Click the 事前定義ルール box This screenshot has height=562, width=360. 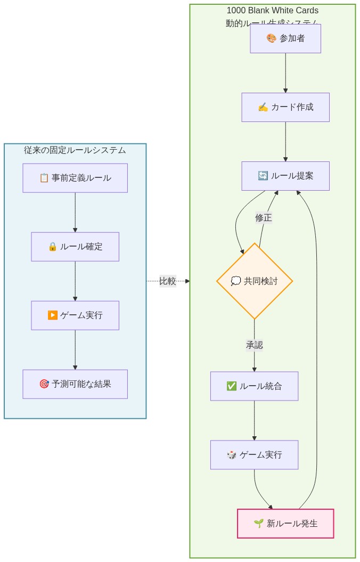(x=75, y=178)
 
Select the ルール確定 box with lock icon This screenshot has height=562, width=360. (x=75, y=247)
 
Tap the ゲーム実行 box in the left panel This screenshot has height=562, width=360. (x=75, y=315)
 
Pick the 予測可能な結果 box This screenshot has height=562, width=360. (x=75, y=384)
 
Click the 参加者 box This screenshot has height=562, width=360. (x=285, y=38)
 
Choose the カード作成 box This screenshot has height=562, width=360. (x=285, y=107)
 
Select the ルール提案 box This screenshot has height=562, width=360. (x=285, y=176)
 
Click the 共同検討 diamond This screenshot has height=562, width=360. (x=255, y=281)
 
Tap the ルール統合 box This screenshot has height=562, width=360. (x=254, y=386)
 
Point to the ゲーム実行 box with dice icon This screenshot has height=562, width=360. (x=254, y=455)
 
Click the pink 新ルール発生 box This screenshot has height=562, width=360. (x=285, y=524)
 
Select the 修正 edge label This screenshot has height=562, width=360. (x=264, y=218)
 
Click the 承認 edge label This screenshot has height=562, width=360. (x=254, y=345)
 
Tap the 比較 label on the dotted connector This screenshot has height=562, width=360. (x=168, y=281)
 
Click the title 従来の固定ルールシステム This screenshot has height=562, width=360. (x=75, y=150)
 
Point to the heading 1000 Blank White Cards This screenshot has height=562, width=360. (x=273, y=11)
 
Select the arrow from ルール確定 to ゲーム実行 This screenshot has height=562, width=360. (x=75, y=281)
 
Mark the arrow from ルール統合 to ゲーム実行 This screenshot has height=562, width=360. (x=254, y=420)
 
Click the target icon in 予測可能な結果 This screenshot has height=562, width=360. (x=44, y=384)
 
